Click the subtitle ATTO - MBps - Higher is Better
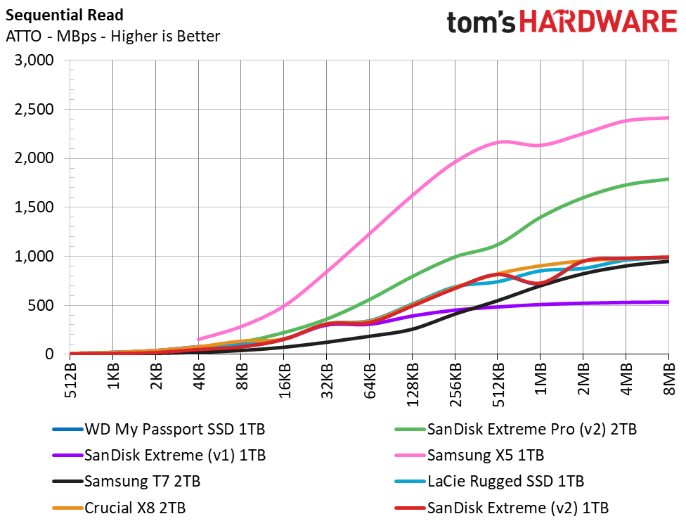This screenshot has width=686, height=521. click(112, 37)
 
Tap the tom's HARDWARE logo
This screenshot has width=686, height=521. click(561, 21)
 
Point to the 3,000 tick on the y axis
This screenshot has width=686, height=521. click(34, 60)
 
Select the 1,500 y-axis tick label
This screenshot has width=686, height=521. click(34, 207)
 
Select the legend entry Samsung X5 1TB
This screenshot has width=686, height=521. click(486, 455)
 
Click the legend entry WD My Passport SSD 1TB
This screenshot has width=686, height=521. click(174, 428)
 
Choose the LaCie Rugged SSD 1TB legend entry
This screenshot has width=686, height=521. click(505, 482)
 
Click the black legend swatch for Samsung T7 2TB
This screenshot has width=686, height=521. click(67, 482)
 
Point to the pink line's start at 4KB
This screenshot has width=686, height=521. click(199, 340)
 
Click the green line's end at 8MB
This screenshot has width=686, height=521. click(668, 179)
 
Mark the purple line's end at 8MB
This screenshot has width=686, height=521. click(668, 302)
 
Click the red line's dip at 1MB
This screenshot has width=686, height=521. click(539, 283)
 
